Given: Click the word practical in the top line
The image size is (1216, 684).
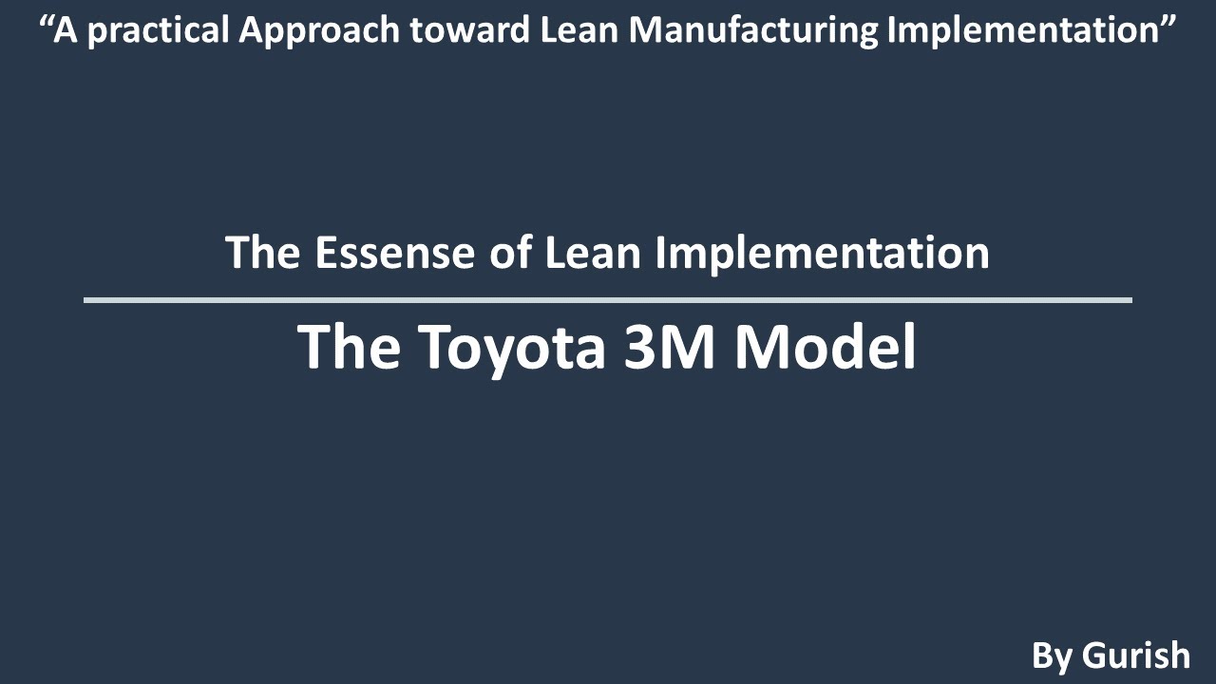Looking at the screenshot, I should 152,31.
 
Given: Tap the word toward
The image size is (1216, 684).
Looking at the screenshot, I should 458,31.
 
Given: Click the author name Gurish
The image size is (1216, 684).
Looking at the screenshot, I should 1135,655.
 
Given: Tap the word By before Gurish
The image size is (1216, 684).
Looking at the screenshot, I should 1052,655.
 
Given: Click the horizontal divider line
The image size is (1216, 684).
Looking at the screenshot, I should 608,300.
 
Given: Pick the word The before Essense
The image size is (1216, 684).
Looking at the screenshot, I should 263,253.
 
